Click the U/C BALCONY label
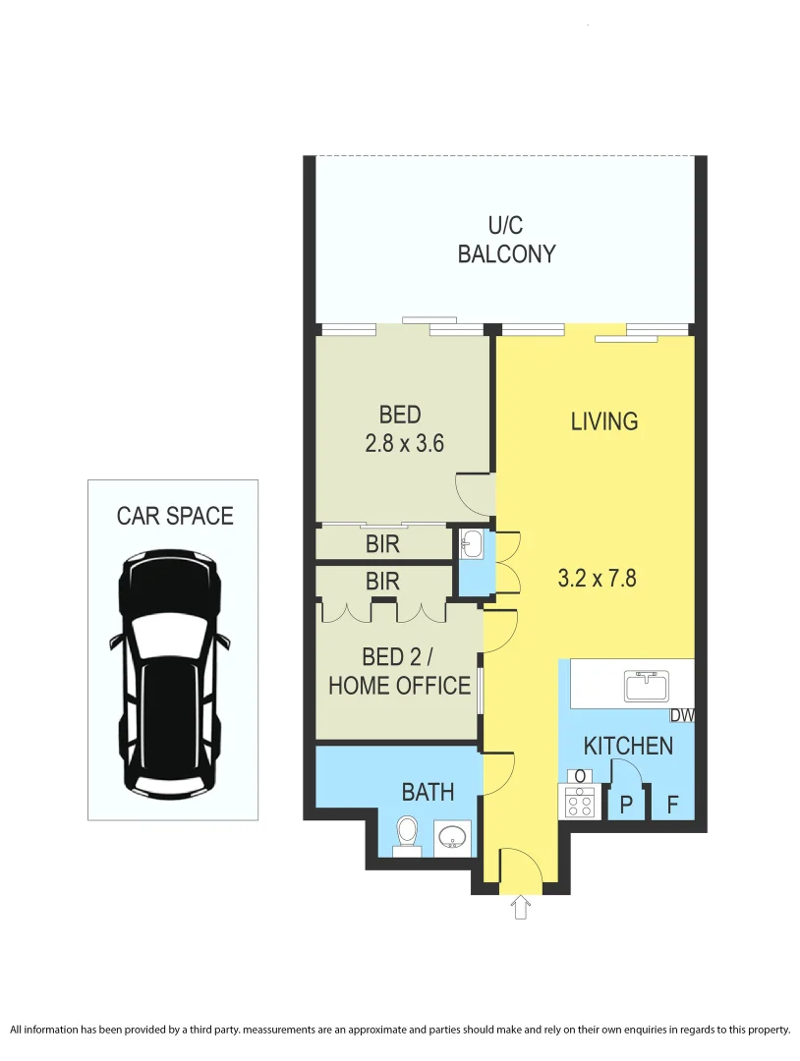(506, 241)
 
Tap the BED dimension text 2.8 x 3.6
(404, 443)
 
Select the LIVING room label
(604, 421)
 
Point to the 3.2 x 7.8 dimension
(597, 578)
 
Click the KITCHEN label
(628, 746)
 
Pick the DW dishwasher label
(682, 716)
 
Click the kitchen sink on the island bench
(646, 685)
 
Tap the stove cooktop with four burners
(579, 805)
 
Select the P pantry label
(625, 806)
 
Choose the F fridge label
(672, 806)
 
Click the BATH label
(428, 792)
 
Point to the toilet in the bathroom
(406, 834)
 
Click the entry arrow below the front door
(520, 907)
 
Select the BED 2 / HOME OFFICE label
(399, 671)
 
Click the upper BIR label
(382, 543)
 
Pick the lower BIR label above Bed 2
(382, 582)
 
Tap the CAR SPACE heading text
(175, 516)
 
